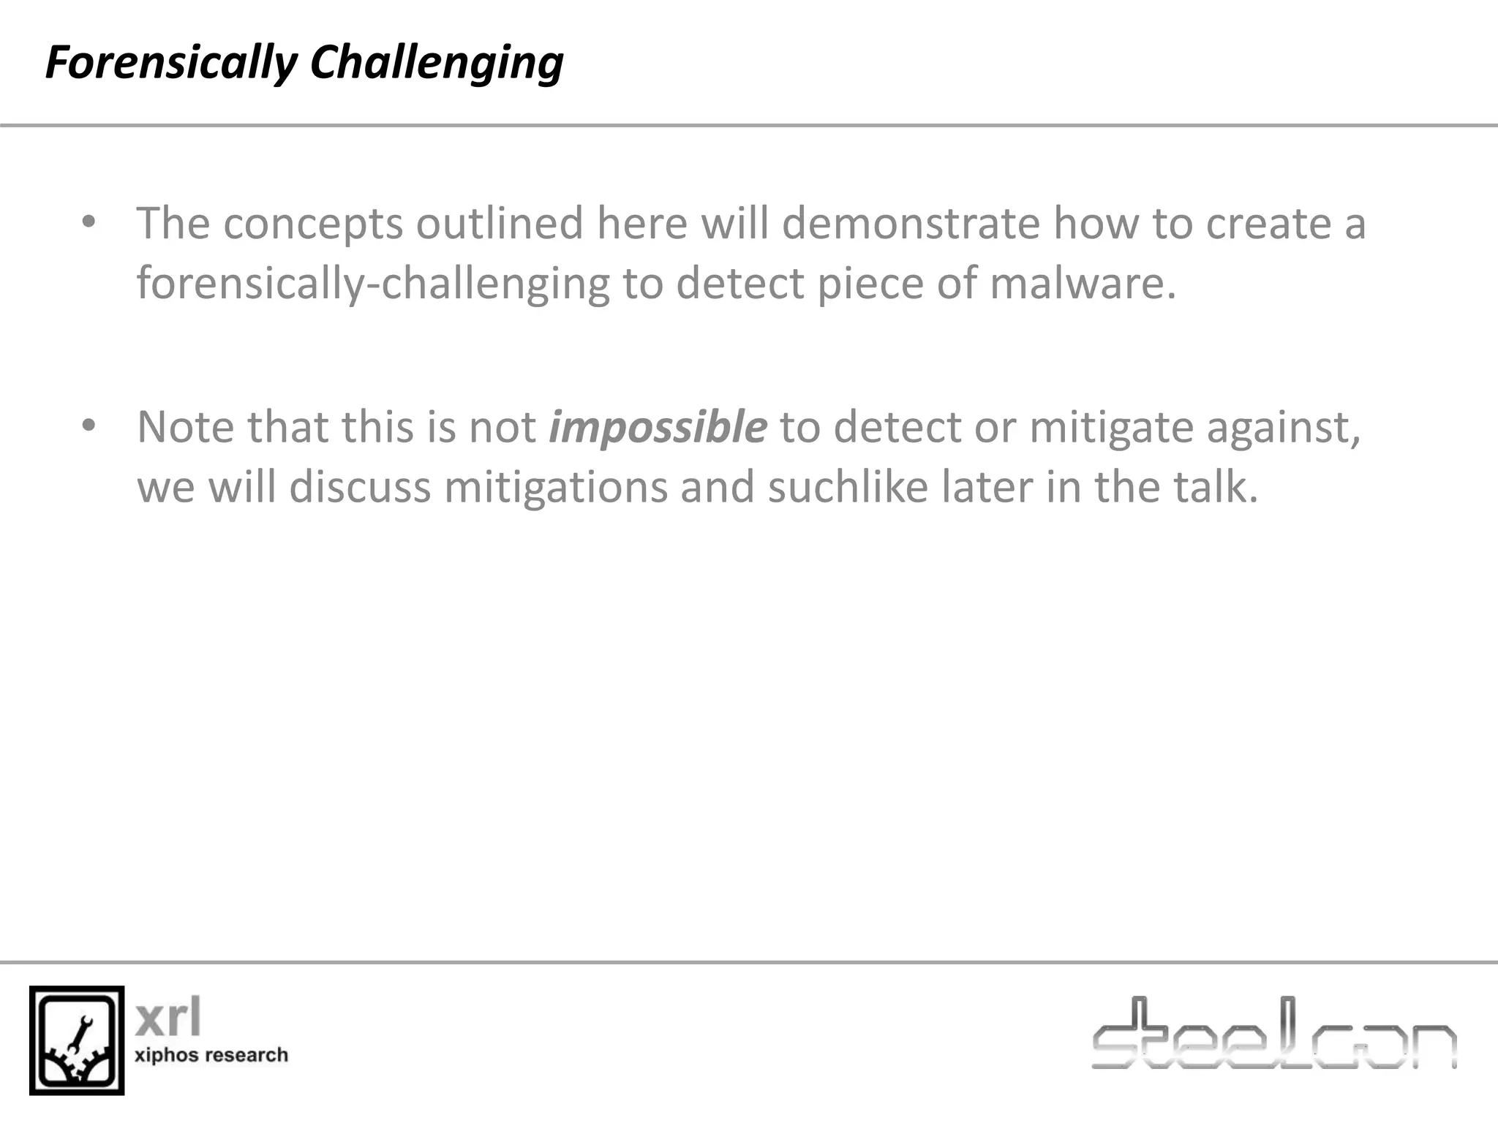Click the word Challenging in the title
(x=437, y=63)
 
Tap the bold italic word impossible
(x=658, y=427)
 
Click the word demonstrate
(x=911, y=223)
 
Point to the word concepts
(x=313, y=224)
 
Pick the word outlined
(x=500, y=223)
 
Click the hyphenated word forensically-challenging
(x=373, y=284)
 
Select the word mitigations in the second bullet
(x=556, y=488)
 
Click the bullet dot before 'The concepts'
(x=89, y=222)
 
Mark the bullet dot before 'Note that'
(x=89, y=426)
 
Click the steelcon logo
(x=1273, y=1034)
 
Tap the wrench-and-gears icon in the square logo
(x=77, y=1040)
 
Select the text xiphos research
(x=211, y=1055)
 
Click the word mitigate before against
(x=1112, y=428)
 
